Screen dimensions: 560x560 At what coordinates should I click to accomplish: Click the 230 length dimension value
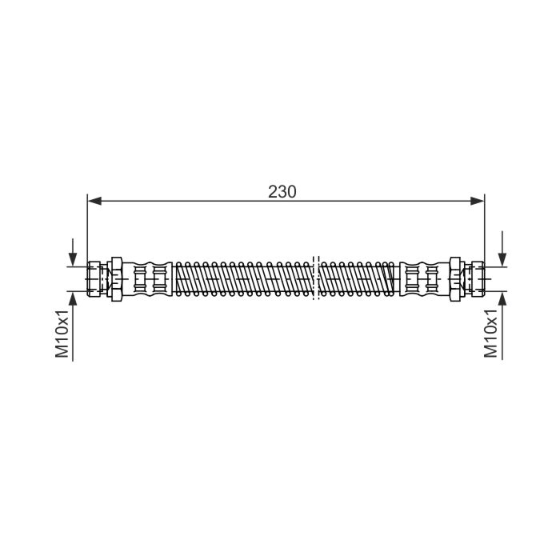coord(282,192)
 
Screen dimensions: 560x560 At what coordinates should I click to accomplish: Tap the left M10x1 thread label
coord(62,334)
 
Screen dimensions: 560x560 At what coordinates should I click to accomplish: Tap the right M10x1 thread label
coord(491,334)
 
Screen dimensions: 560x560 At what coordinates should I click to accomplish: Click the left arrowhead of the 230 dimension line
coord(94,201)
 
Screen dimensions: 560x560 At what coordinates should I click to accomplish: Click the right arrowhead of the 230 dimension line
coord(477,201)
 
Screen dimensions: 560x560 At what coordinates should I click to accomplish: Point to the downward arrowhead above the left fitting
coord(73,259)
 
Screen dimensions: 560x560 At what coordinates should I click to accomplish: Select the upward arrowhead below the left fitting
coord(73,298)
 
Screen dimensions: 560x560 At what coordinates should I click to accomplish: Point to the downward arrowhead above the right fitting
coord(502,259)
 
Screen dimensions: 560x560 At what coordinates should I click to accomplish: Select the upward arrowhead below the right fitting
coord(502,298)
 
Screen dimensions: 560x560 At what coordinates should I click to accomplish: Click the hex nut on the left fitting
coord(117,279)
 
